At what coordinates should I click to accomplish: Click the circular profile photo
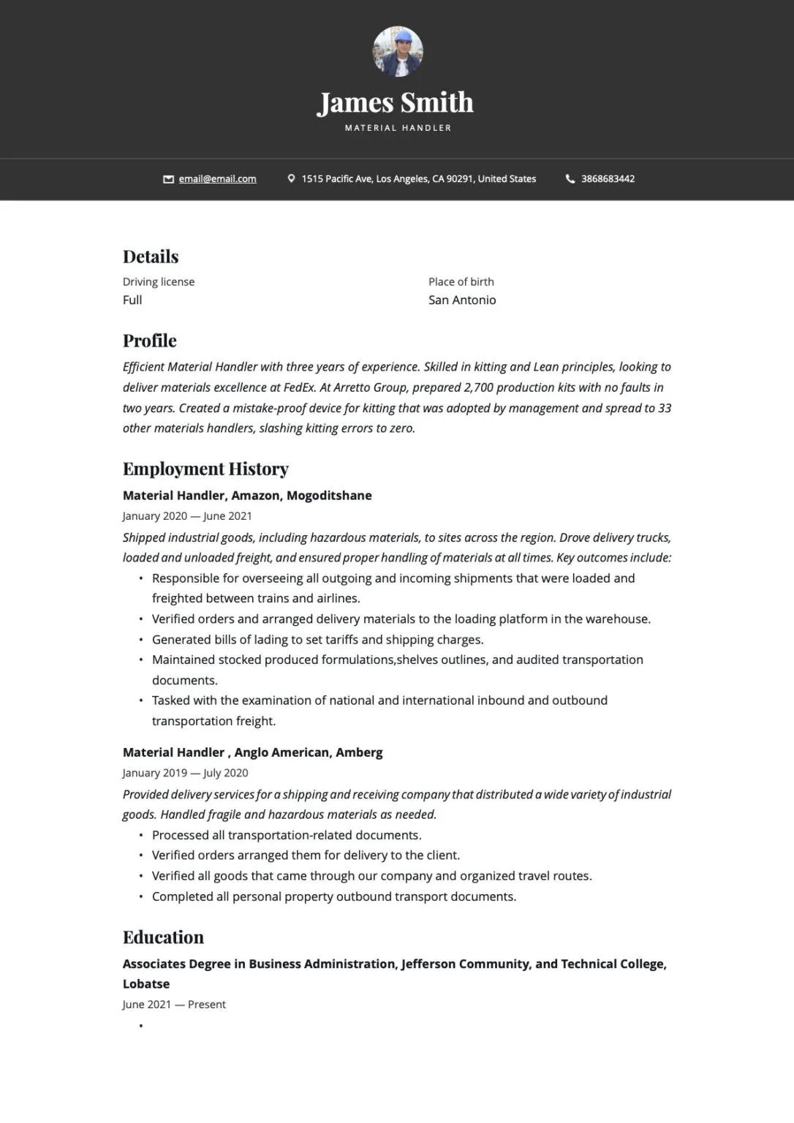pyautogui.click(x=398, y=52)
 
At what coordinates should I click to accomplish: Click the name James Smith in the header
pyautogui.click(x=396, y=102)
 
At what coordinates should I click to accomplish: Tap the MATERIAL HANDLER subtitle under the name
pyautogui.click(x=398, y=128)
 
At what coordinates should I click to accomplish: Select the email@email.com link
pyautogui.click(x=217, y=179)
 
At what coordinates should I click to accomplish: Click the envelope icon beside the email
pyautogui.click(x=168, y=179)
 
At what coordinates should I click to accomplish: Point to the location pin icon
pyautogui.click(x=292, y=178)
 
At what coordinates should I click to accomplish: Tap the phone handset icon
pyautogui.click(x=570, y=179)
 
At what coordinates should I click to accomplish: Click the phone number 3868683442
pyautogui.click(x=608, y=179)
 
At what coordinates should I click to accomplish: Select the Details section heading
pyautogui.click(x=151, y=257)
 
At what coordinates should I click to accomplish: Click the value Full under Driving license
pyautogui.click(x=132, y=300)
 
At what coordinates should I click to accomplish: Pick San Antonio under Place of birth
pyautogui.click(x=462, y=300)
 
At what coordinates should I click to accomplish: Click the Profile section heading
pyautogui.click(x=150, y=341)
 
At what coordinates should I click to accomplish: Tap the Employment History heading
pyautogui.click(x=205, y=469)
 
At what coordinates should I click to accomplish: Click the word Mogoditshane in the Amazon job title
pyautogui.click(x=329, y=496)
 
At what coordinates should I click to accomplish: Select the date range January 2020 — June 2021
pyautogui.click(x=187, y=516)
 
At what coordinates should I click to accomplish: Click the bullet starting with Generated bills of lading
pyautogui.click(x=317, y=640)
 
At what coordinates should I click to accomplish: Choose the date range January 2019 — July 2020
pyautogui.click(x=186, y=773)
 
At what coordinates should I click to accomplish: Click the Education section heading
pyautogui.click(x=163, y=937)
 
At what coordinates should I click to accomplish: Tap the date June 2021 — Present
pyautogui.click(x=174, y=1005)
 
